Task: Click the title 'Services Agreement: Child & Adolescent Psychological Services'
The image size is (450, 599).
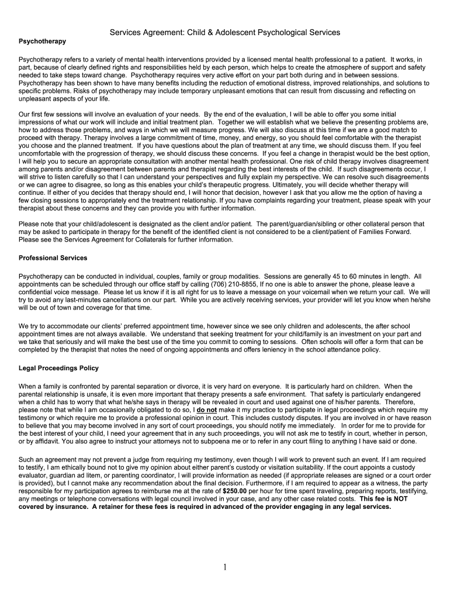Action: (225, 33)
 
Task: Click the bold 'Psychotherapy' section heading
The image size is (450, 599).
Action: (42, 42)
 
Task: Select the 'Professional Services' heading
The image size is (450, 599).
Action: (53, 258)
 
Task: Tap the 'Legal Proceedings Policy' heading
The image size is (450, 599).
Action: (58, 368)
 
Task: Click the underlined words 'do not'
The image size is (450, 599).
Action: (207, 411)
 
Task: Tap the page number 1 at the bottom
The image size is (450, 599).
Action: (224, 567)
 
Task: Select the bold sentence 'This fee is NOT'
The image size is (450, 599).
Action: (383, 500)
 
